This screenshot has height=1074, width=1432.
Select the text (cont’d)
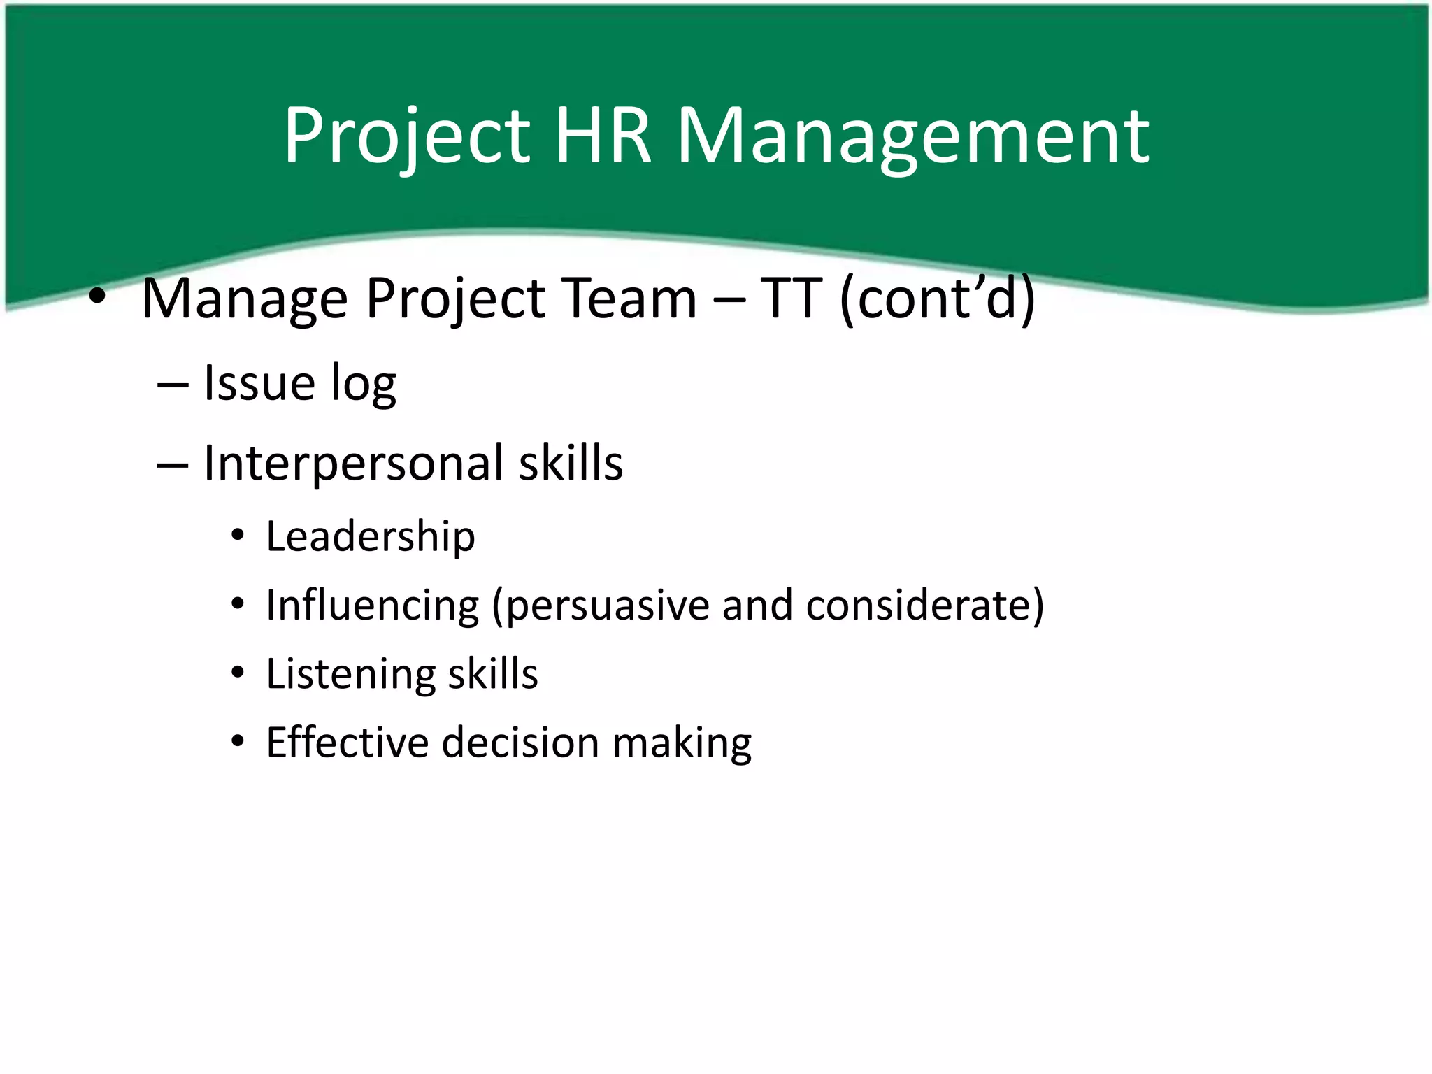[937, 299]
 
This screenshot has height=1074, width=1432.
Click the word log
[363, 385]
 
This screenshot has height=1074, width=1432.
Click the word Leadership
[371, 537]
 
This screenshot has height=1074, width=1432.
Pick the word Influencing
[373, 606]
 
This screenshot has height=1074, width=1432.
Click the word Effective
[347, 742]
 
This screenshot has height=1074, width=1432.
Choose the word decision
[520, 742]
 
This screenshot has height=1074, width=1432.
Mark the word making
[682, 743]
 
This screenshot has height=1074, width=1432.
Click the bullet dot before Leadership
[238, 536]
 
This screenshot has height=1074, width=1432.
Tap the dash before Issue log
[172, 385]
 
